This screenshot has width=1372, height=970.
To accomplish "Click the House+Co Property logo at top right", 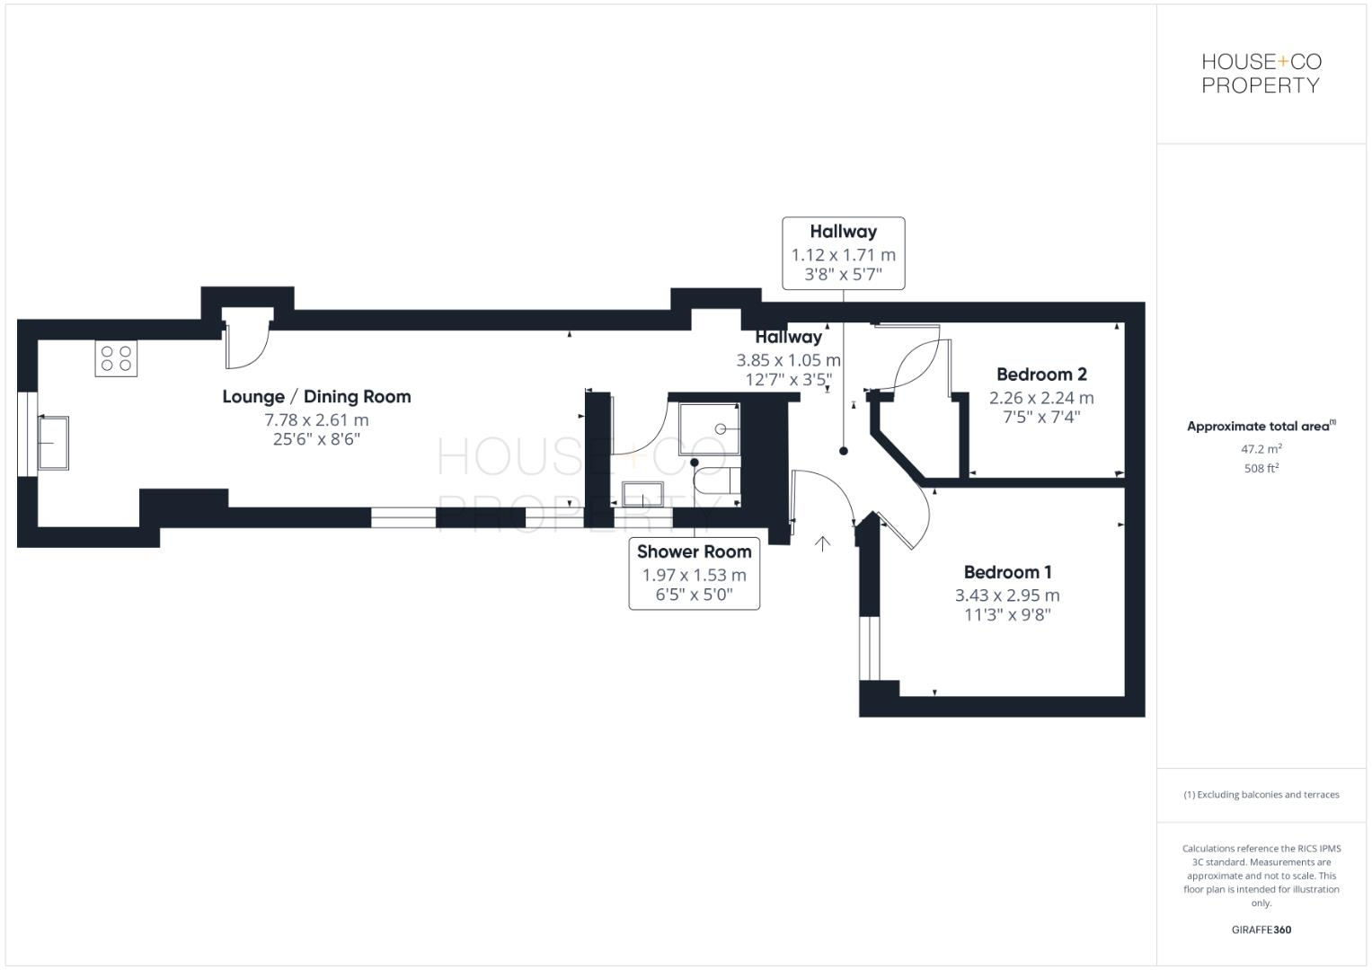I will pos(1261,74).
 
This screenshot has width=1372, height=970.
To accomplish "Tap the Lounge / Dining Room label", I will pos(316,396).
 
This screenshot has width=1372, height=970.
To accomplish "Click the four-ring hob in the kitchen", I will pos(116,359).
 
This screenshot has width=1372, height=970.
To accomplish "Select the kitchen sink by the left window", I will pos(53,442).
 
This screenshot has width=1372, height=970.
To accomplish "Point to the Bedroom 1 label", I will pos(1007,572).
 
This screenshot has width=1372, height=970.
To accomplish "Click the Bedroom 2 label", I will pos(1041,375).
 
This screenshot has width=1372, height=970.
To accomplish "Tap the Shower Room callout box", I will pos(694,574).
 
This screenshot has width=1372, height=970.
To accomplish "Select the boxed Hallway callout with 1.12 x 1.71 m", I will pos(843,253).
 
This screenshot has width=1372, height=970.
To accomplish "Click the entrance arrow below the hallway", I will pos(821,543).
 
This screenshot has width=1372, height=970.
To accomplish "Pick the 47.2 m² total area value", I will pos(1261,448).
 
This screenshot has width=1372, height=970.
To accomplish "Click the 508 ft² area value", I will pos(1261,468).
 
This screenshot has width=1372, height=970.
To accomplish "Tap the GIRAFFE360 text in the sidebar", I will pos(1261,930).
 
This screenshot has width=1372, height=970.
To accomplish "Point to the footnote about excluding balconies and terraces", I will pos(1261,795).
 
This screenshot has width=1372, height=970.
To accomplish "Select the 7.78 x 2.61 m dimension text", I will pos(316,419).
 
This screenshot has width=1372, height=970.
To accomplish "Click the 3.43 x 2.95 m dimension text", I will pos(1007,595).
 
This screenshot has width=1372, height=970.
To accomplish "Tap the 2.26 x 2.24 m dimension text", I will pos(1041,397).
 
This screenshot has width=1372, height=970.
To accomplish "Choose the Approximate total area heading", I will pos(1261,427).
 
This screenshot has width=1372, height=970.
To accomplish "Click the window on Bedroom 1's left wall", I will pos(870,648).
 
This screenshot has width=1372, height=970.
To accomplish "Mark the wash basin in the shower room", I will pos(642,494).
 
